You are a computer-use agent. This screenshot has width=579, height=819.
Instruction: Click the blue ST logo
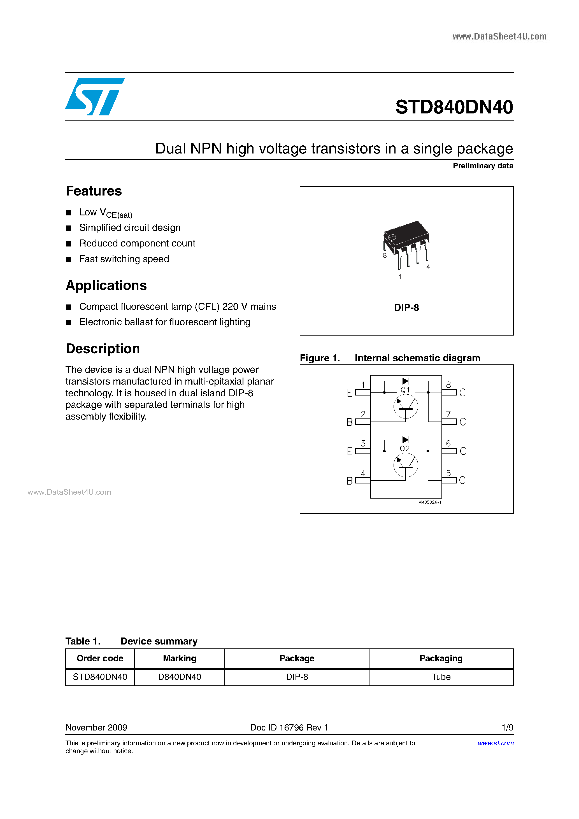[94, 97]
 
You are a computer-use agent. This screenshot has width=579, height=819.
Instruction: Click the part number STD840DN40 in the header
[454, 107]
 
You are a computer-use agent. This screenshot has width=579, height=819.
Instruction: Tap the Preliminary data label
[483, 166]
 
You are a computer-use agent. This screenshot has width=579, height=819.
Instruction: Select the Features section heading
[94, 191]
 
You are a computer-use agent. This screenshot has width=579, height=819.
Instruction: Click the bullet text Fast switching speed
[124, 259]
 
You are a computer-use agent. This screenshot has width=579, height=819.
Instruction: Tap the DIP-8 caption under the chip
[406, 308]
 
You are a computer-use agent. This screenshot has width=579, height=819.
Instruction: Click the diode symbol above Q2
[405, 439]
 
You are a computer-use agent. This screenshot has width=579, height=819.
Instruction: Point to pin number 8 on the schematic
[448, 385]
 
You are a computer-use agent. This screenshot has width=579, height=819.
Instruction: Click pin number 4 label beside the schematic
[363, 473]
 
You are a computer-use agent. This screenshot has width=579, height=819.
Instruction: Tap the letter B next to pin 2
[350, 422]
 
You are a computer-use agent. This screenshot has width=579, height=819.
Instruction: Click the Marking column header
[180, 659]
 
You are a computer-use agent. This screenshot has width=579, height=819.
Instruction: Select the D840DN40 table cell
[180, 677]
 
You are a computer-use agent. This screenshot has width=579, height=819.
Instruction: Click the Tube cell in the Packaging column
[441, 677]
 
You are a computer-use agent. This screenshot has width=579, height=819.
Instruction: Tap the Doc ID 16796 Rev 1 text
[289, 727]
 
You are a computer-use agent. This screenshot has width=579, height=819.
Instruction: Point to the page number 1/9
[507, 727]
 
